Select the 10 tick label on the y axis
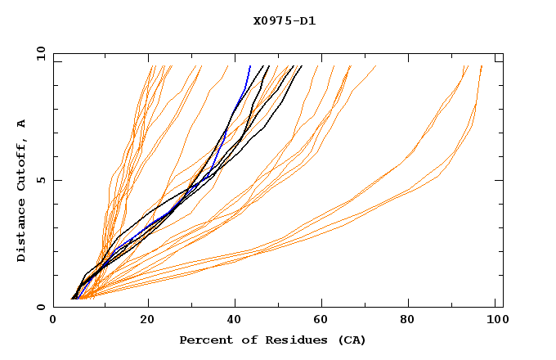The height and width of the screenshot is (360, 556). pyautogui.click(x=40, y=53)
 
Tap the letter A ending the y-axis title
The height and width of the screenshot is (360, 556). pyautogui.click(x=21, y=123)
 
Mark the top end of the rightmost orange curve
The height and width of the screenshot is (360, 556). pyautogui.click(x=482, y=66)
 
